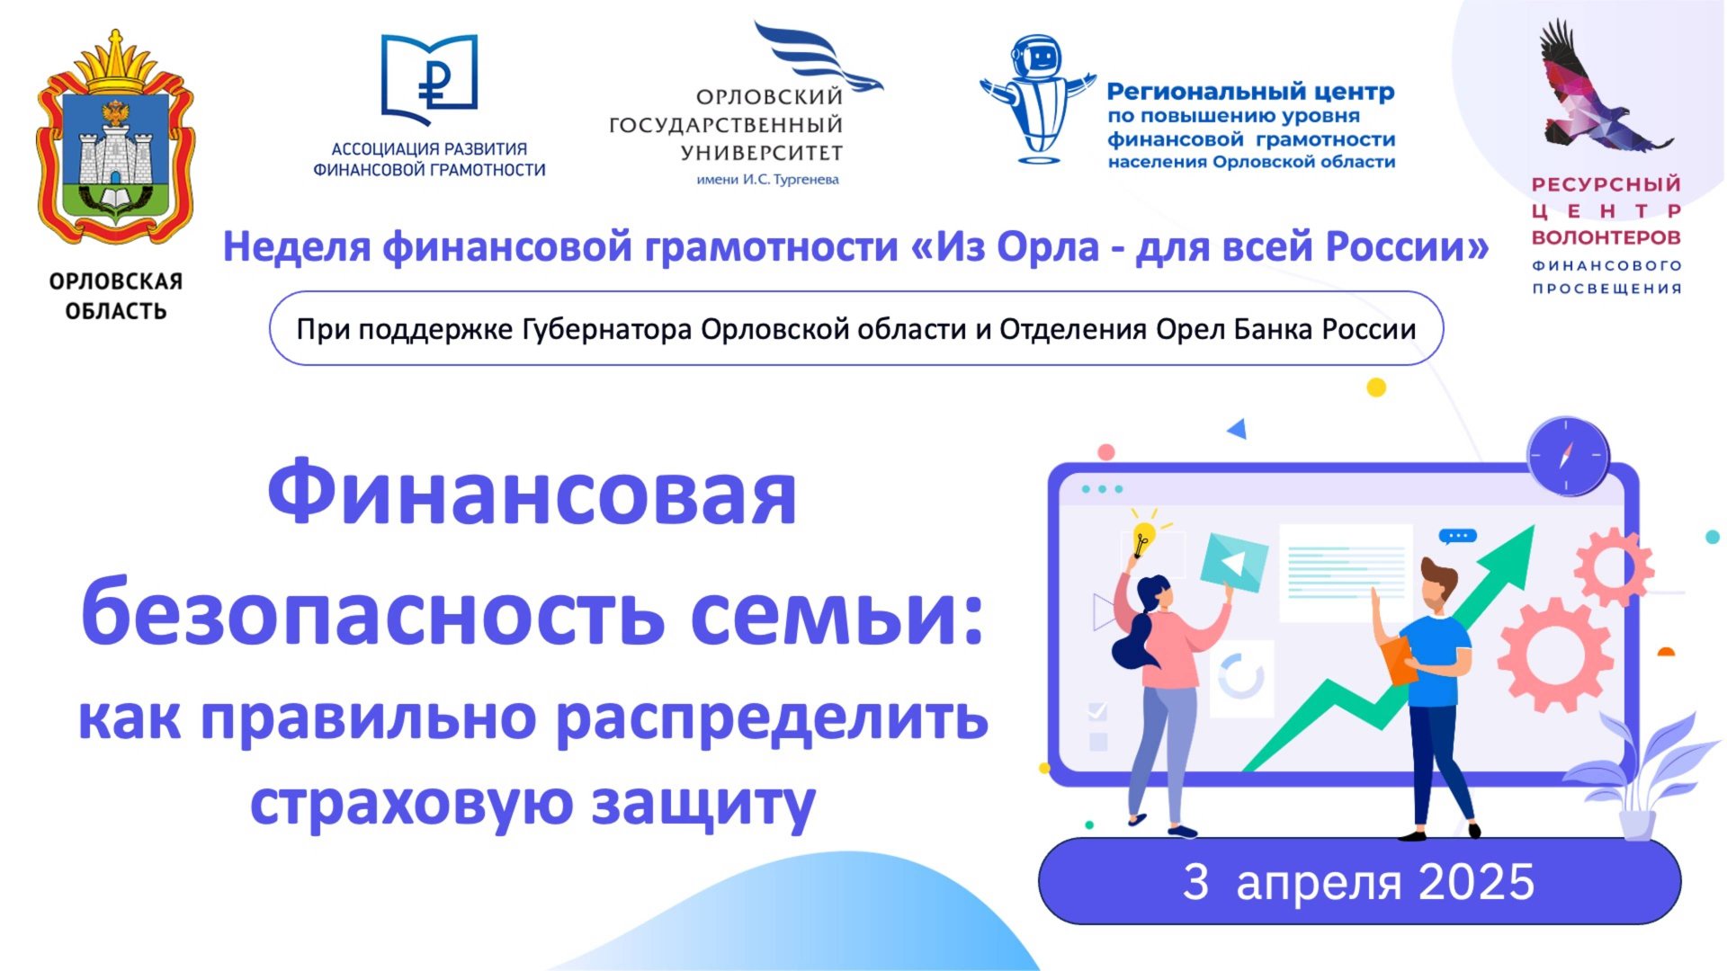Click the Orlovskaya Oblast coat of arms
pos(115,139)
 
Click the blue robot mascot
pos(1038,99)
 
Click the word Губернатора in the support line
pos(607,330)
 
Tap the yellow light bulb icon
pos(1142,536)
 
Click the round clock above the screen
pos(1568,456)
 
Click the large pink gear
pos(1553,654)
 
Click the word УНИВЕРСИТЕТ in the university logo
pos(761,153)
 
